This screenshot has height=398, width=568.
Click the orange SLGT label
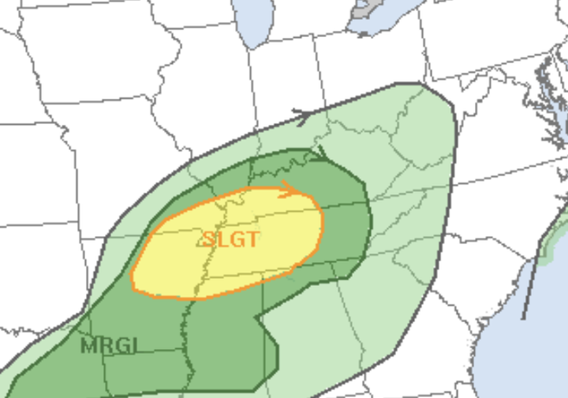tap(232, 239)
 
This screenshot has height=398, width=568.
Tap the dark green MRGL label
tap(108, 346)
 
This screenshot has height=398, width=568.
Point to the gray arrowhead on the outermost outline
tap(302, 113)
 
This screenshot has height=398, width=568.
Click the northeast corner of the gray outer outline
tap(423, 85)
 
